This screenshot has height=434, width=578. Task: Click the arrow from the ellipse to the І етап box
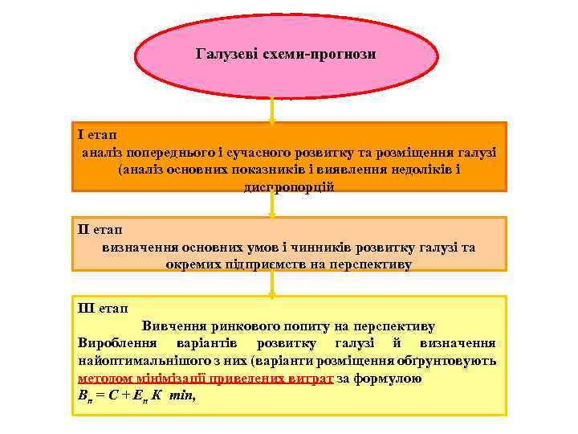point(272,110)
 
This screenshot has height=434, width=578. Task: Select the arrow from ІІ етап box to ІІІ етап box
point(272,282)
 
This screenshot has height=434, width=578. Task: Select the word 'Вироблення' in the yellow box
point(117,343)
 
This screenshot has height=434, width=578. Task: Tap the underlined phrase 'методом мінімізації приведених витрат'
point(206,378)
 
